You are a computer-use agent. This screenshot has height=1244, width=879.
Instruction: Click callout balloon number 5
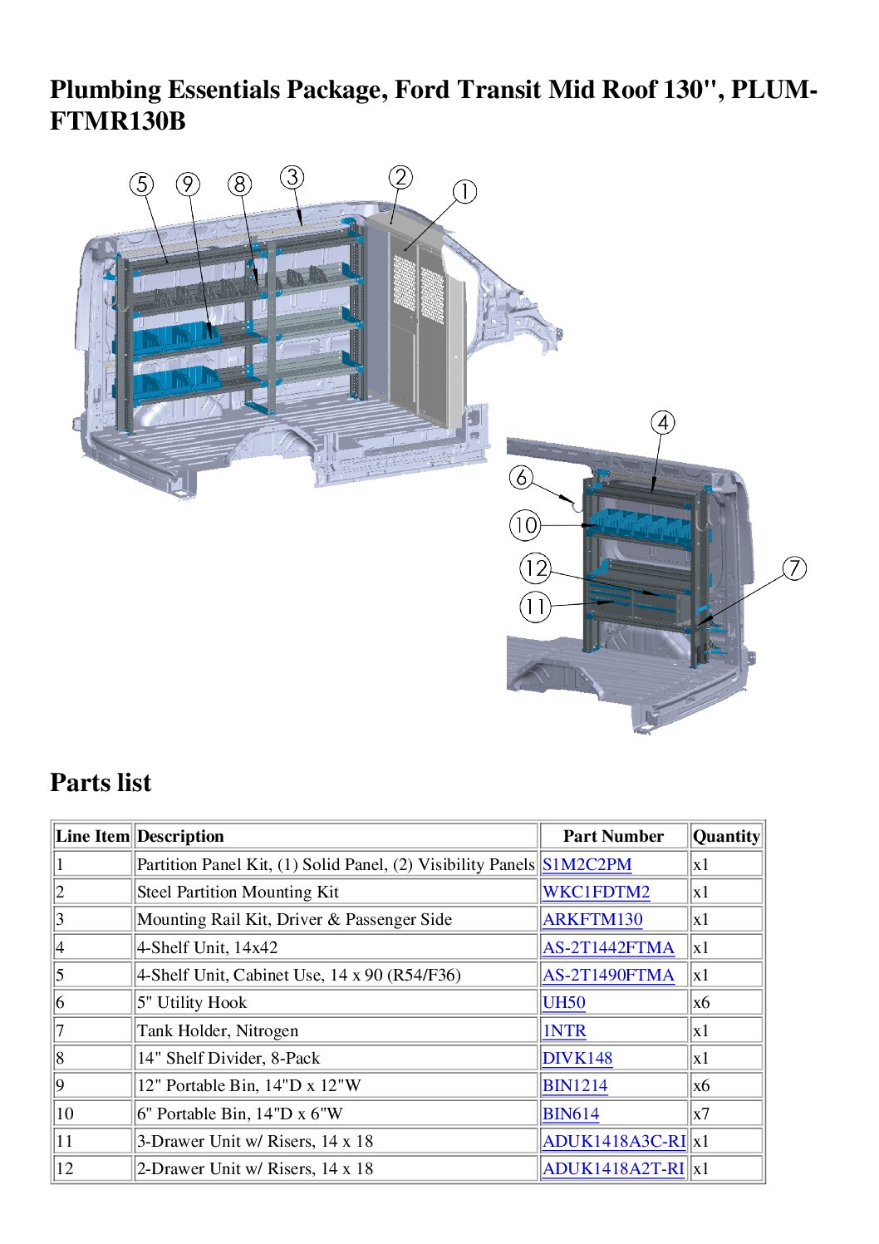(141, 184)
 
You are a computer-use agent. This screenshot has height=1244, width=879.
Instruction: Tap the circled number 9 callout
(188, 184)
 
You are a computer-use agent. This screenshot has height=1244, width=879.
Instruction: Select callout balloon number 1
(464, 192)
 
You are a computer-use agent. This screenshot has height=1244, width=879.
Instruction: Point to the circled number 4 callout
(662, 423)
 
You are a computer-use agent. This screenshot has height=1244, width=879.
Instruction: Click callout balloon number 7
(794, 568)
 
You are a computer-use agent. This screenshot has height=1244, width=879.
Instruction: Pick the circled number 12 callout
(535, 568)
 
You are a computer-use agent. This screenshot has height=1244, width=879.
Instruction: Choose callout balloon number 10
(525, 525)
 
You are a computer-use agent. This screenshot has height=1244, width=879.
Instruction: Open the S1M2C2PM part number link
(587, 865)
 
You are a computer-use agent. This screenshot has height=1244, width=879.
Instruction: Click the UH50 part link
(563, 1002)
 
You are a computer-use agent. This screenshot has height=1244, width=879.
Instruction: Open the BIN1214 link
(575, 1085)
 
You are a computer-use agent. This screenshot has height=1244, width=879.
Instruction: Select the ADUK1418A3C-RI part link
(614, 1141)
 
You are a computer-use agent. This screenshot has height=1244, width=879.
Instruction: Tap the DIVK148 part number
(577, 1058)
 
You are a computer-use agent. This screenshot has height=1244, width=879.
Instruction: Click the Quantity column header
(726, 836)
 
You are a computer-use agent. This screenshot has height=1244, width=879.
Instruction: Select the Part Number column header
(613, 836)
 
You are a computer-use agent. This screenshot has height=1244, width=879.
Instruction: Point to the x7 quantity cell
(701, 1114)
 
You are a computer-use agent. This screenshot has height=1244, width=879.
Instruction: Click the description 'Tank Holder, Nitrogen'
(218, 1030)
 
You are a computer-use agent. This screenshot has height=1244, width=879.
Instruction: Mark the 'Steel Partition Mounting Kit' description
(238, 892)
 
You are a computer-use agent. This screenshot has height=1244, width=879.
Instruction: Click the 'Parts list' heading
(101, 783)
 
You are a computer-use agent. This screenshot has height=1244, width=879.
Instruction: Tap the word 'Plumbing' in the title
(106, 91)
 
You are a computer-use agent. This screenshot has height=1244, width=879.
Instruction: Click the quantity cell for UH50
(701, 1002)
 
